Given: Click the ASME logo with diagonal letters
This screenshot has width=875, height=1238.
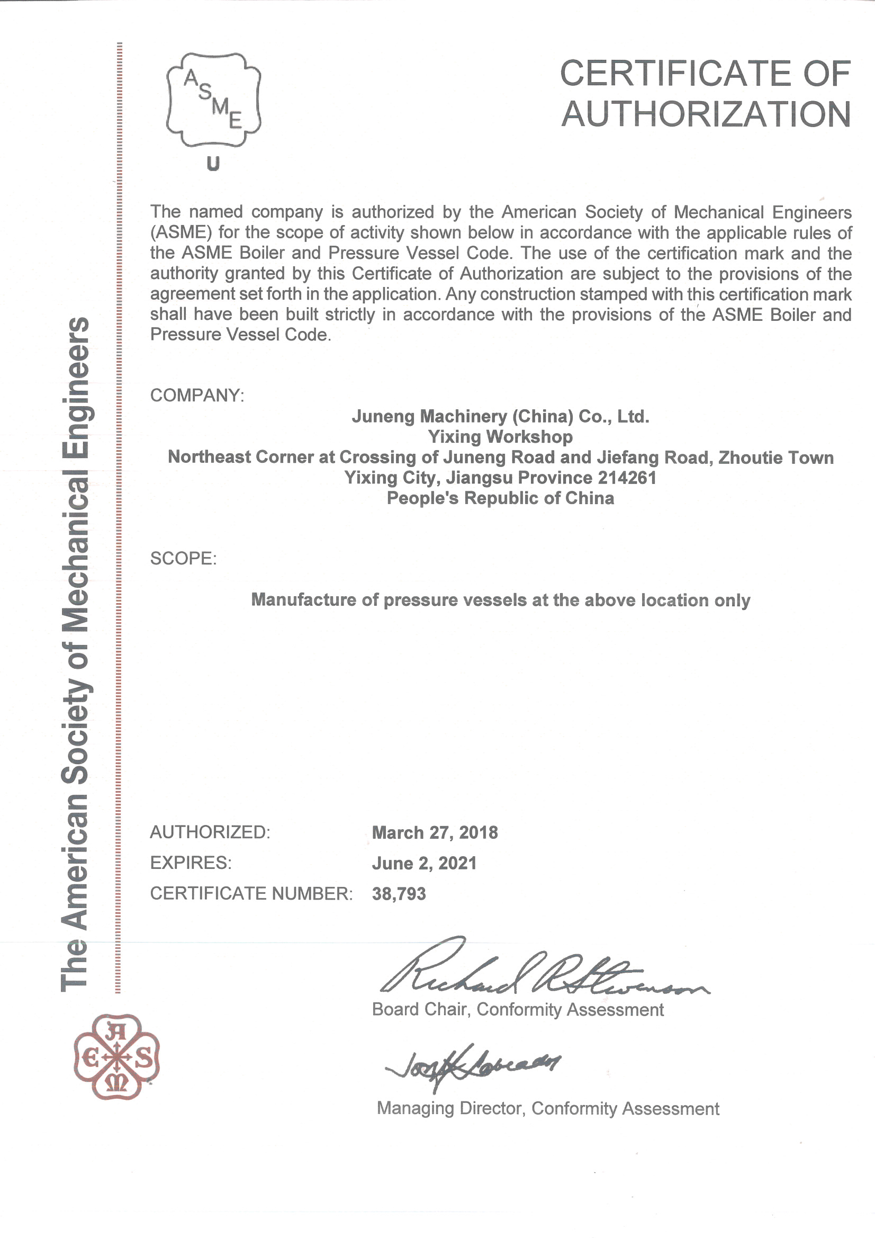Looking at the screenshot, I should coord(213,100).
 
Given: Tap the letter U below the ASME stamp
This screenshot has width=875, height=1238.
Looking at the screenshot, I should coord(213,164).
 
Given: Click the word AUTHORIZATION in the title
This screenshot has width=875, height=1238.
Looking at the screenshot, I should coord(706,114).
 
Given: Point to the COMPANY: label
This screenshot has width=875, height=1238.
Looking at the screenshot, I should coord(197,395).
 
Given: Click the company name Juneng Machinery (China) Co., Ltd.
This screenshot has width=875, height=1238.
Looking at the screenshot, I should coord(500,416).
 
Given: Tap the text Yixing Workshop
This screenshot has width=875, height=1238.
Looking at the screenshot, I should coord(500,437).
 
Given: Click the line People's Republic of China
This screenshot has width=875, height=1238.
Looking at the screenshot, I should coord(500,498).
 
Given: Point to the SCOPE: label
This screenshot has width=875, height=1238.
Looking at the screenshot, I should coord(183,558).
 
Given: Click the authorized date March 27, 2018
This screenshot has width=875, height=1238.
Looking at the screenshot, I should coord(435,832).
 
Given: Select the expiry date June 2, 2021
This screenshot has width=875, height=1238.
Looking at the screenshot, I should coord(425,863).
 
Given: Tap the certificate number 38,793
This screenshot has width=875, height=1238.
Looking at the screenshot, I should coord(399,894).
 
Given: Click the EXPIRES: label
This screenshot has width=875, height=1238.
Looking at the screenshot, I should coord(191,863).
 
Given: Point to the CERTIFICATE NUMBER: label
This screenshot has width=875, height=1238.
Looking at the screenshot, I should coord(251,893).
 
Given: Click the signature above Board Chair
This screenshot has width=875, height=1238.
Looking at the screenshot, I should coord(539,971).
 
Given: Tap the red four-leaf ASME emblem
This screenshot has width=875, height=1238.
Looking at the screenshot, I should coord(116,1057).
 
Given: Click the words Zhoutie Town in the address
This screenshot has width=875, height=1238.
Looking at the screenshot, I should coord(776,457).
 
